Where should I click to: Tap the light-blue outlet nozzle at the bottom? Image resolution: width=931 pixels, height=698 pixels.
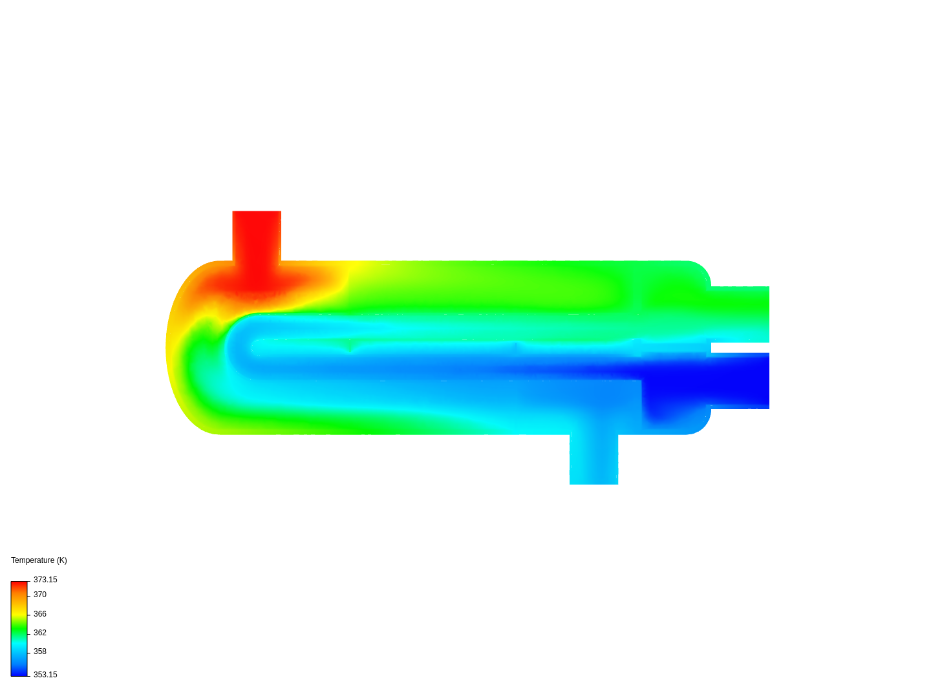point(594,459)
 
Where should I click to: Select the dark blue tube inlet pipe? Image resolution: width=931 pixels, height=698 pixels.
point(740,381)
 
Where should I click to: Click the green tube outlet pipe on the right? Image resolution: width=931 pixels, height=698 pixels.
point(740,314)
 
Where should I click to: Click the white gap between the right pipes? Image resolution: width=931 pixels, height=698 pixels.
point(740,348)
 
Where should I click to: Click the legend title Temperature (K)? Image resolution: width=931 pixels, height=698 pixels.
point(39,560)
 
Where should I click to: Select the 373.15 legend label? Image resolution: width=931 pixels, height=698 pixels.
point(45,579)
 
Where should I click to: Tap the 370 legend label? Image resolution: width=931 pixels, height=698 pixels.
point(40,595)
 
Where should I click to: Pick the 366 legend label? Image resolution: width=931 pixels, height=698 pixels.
point(40,614)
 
